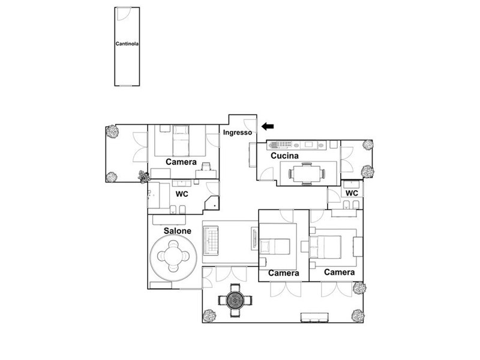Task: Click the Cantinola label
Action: [x=127, y=44]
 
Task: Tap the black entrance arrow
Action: [x=268, y=126]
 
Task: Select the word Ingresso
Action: [x=238, y=133]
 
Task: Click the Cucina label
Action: [x=284, y=155]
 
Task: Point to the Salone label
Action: [x=178, y=231]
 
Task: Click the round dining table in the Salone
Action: [x=173, y=256]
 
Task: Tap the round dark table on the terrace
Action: [x=235, y=301]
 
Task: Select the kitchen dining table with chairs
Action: [x=307, y=174]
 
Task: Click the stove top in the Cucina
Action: [x=280, y=145]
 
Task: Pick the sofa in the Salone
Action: [x=211, y=241]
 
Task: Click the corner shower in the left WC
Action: [x=212, y=203]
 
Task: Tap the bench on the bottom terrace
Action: [x=314, y=317]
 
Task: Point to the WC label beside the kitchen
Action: [x=352, y=193]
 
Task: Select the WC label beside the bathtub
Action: [x=182, y=194]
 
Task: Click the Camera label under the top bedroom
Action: [x=181, y=162]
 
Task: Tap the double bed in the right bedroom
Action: [x=325, y=247]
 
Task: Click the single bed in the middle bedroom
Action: [x=275, y=247]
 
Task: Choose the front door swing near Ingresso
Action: [x=250, y=125]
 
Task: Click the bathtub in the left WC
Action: [x=158, y=196]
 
